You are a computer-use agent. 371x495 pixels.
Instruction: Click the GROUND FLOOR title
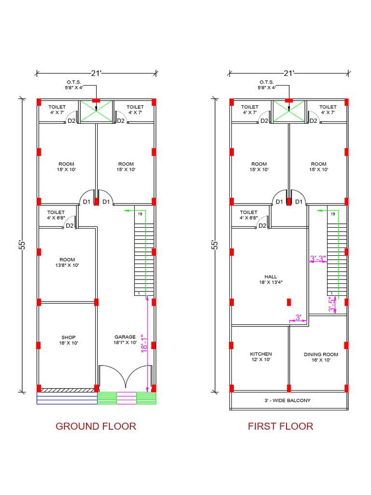[96, 426]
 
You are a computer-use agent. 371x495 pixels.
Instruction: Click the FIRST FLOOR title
[280, 426]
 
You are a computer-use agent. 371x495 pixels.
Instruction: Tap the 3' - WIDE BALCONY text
[287, 400]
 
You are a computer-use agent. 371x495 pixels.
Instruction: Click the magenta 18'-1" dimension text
[143, 344]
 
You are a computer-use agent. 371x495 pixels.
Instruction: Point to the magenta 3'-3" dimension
[318, 259]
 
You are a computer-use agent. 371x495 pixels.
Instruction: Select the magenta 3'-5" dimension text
[332, 306]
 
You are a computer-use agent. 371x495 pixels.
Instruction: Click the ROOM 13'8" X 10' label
[67, 262]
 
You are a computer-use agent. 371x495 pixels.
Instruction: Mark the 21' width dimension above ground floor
[96, 73]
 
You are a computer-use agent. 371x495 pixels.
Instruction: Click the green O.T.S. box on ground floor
[96, 111]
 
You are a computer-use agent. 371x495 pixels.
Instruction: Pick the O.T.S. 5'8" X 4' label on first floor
[267, 85]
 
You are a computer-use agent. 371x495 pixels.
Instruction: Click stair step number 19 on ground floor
[140, 214]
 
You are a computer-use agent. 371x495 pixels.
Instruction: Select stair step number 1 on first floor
[332, 293]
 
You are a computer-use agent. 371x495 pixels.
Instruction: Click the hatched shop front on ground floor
[68, 389]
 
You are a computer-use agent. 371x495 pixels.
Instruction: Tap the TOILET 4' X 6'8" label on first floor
[249, 215]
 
